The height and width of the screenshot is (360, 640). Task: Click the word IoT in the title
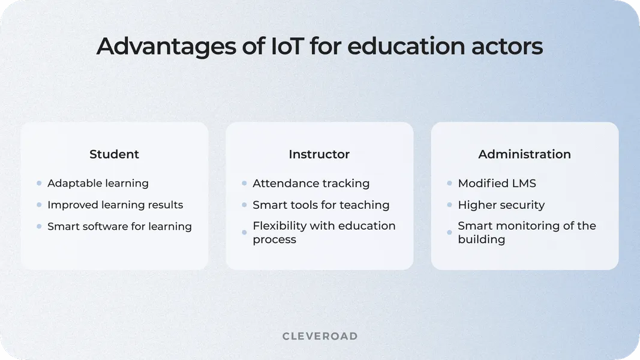pyautogui.click(x=269, y=47)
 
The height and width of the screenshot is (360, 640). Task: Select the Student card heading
pyautogui.click(x=114, y=154)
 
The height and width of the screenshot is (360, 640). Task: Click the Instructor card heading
pyautogui.click(x=319, y=154)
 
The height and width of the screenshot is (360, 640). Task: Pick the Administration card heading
pyautogui.click(x=524, y=154)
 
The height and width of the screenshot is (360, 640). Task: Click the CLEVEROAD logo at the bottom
pyautogui.click(x=320, y=336)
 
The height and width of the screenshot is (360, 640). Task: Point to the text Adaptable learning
pyautogui.click(x=98, y=183)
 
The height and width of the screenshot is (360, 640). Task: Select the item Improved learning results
pyautogui.click(x=115, y=205)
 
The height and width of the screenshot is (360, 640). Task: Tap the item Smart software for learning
pyautogui.click(x=119, y=226)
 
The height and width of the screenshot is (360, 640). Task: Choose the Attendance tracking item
pyautogui.click(x=311, y=183)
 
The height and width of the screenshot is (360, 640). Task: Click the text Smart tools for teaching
pyautogui.click(x=321, y=205)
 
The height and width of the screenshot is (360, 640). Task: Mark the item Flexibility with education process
pyautogui.click(x=324, y=232)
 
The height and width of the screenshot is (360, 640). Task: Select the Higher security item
pyautogui.click(x=501, y=205)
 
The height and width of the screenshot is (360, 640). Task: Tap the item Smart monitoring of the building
pyautogui.click(x=527, y=232)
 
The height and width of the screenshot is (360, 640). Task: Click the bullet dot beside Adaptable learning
pyautogui.click(x=39, y=183)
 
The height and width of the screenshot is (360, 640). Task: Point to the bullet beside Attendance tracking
pyautogui.click(x=244, y=183)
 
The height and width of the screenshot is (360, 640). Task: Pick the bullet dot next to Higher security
pyautogui.click(x=449, y=205)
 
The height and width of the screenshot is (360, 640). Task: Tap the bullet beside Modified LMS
pyautogui.click(x=449, y=183)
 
